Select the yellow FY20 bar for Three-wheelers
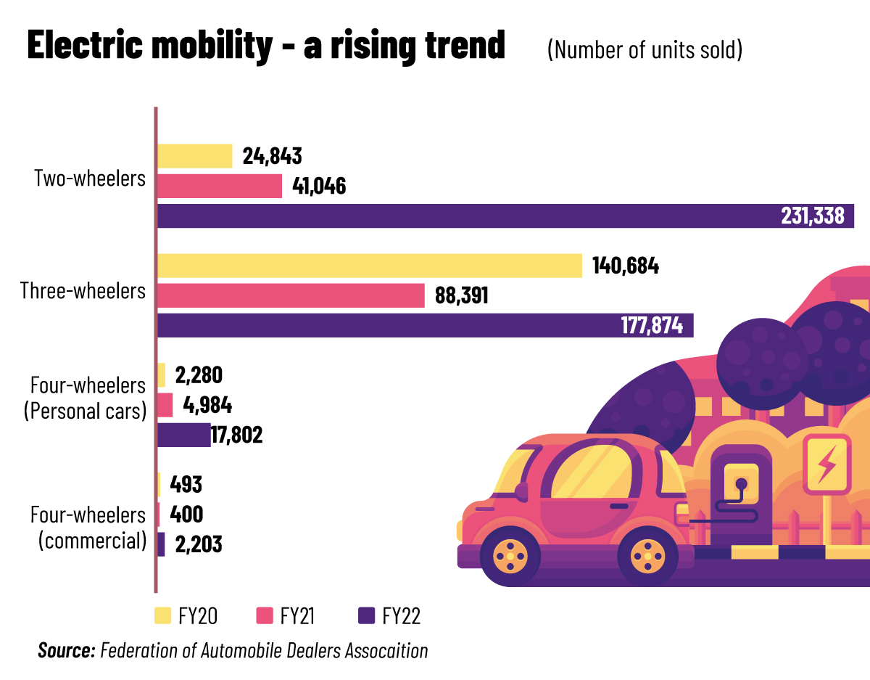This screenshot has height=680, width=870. pos(370,266)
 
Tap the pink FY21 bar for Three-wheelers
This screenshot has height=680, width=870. pos(291,295)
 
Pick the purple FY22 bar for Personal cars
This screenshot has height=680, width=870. pos(183,435)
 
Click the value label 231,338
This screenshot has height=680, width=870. pos(813,216)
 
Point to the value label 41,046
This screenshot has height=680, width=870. pos(319,187)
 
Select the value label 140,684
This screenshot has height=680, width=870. pos(626,266)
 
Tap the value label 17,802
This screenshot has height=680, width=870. pos(236,435)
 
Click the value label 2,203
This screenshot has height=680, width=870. pos(196,544)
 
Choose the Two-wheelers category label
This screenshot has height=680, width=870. pos(91,179)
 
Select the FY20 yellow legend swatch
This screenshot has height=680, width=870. pos(163,616)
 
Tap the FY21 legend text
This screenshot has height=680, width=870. pos(298,616)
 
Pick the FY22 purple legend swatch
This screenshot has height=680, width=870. pos(367,616)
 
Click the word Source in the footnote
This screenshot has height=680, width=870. pos(67,650)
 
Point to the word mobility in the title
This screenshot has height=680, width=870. pos(210,46)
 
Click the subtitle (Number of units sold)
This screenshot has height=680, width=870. pos(645,49)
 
